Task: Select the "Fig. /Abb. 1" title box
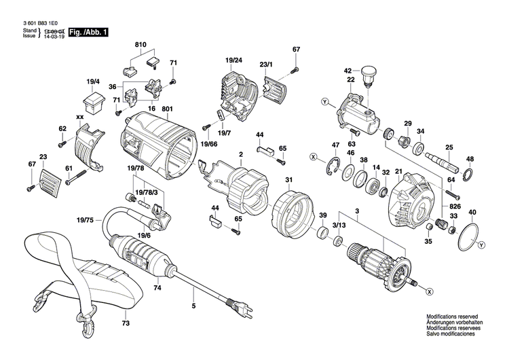92,32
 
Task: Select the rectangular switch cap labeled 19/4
92,103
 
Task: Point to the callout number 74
157,288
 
